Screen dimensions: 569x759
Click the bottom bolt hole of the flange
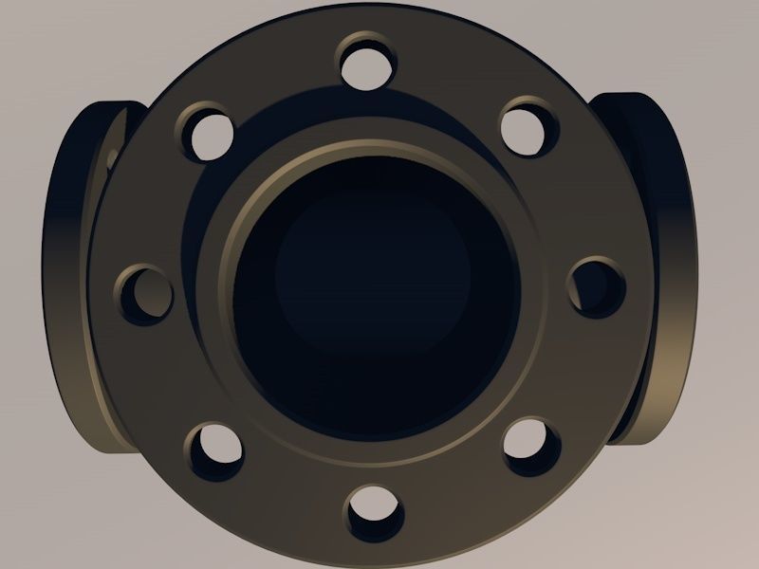click(x=373, y=512)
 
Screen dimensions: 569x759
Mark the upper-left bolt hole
click(x=207, y=131)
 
